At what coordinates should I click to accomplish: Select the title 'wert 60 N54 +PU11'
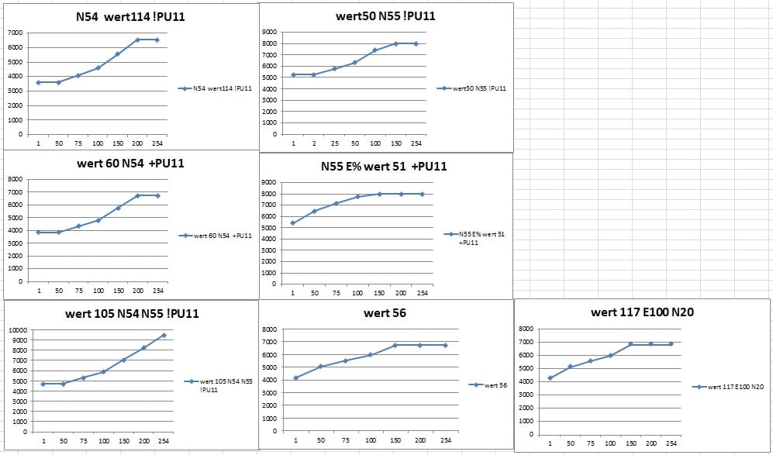click(x=129, y=164)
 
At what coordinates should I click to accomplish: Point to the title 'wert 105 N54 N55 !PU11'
click(x=130, y=313)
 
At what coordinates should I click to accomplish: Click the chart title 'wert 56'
click(x=385, y=313)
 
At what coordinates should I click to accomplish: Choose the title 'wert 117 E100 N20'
click(x=642, y=312)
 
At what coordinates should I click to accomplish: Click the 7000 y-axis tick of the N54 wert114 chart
click(x=15, y=33)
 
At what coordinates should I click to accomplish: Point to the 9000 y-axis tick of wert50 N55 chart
click(x=270, y=32)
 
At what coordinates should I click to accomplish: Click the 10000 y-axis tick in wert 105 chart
click(x=17, y=330)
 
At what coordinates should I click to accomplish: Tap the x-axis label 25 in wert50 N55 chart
click(x=334, y=144)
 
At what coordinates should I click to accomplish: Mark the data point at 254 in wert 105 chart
click(x=164, y=335)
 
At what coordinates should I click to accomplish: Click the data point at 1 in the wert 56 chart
click(x=295, y=377)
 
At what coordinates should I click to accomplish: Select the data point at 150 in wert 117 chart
click(x=631, y=344)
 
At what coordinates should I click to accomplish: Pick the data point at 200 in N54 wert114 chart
click(x=137, y=40)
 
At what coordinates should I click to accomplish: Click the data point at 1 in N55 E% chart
click(x=292, y=223)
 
